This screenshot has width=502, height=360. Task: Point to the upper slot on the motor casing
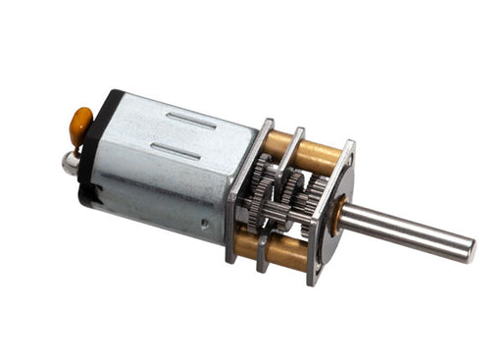192,119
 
